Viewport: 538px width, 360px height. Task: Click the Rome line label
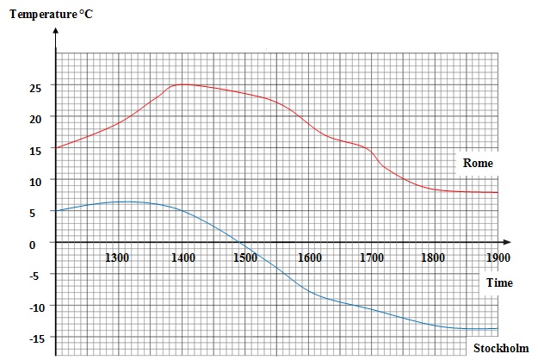coord(478,163)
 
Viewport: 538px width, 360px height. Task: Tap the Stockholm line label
coord(501,348)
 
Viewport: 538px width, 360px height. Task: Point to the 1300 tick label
coord(118,258)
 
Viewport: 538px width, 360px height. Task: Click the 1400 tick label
coord(182,258)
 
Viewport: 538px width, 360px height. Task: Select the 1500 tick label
coord(245,258)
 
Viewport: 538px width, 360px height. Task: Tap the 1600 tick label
coord(309,258)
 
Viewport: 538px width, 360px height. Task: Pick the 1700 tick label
coord(372,258)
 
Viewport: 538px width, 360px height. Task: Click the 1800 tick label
coord(434,258)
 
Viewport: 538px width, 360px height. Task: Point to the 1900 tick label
coord(498,258)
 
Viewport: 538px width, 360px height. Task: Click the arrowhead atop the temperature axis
coord(56,33)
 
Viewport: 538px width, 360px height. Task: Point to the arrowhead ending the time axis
coord(508,242)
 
